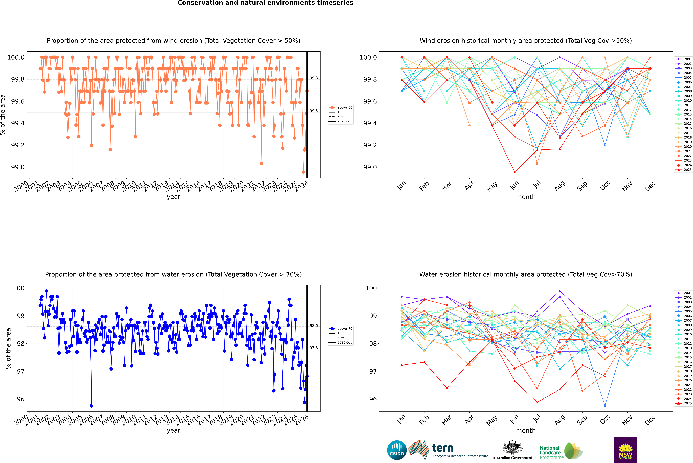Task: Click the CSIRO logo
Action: coord(397,450)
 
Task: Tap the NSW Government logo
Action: coord(625,450)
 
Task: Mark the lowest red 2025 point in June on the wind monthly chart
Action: coord(515,172)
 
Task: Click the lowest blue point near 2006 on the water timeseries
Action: coord(91,406)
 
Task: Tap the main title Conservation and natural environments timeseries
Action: coord(265,3)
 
